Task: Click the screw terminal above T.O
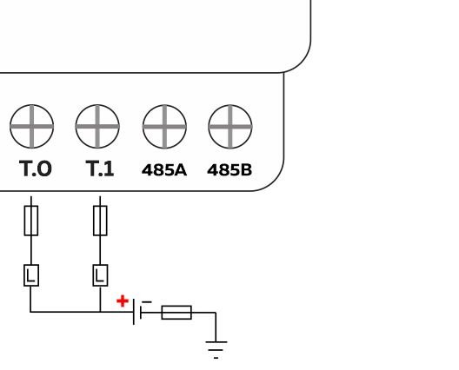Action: (32, 128)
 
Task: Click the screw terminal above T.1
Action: (97, 128)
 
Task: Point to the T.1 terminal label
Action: (100, 169)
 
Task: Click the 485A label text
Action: (164, 170)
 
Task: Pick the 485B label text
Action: (229, 170)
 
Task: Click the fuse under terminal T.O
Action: (31, 221)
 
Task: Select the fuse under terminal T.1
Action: (100, 221)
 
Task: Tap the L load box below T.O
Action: (31, 275)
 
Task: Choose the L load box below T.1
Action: (100, 275)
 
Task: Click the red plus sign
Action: (123, 301)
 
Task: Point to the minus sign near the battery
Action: (146, 301)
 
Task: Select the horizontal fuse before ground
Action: (177, 312)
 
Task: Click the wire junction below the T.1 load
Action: (100, 312)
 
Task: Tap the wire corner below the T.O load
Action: (31, 312)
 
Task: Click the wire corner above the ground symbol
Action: (215, 312)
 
